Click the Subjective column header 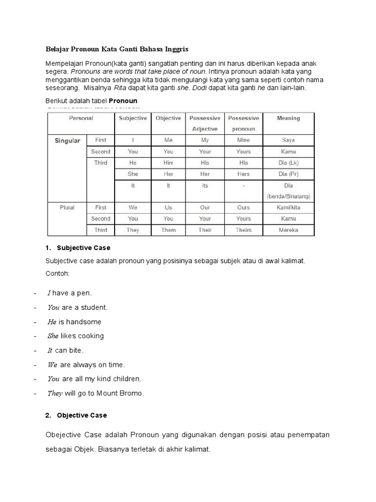coord(133,118)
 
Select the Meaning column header coord(288,118)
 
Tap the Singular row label coord(67,141)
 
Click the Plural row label coord(67,207)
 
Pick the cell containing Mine coord(243,140)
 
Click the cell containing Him coord(168,163)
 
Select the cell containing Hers coord(243,174)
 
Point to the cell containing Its coord(205,186)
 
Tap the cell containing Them coord(168,230)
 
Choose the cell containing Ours coord(243,207)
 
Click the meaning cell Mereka coord(288,230)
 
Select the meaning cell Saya coord(288,140)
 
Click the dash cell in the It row coord(243,186)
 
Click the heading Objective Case coord(82,415)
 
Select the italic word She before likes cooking coord(53,336)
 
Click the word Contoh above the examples coord(57,273)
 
